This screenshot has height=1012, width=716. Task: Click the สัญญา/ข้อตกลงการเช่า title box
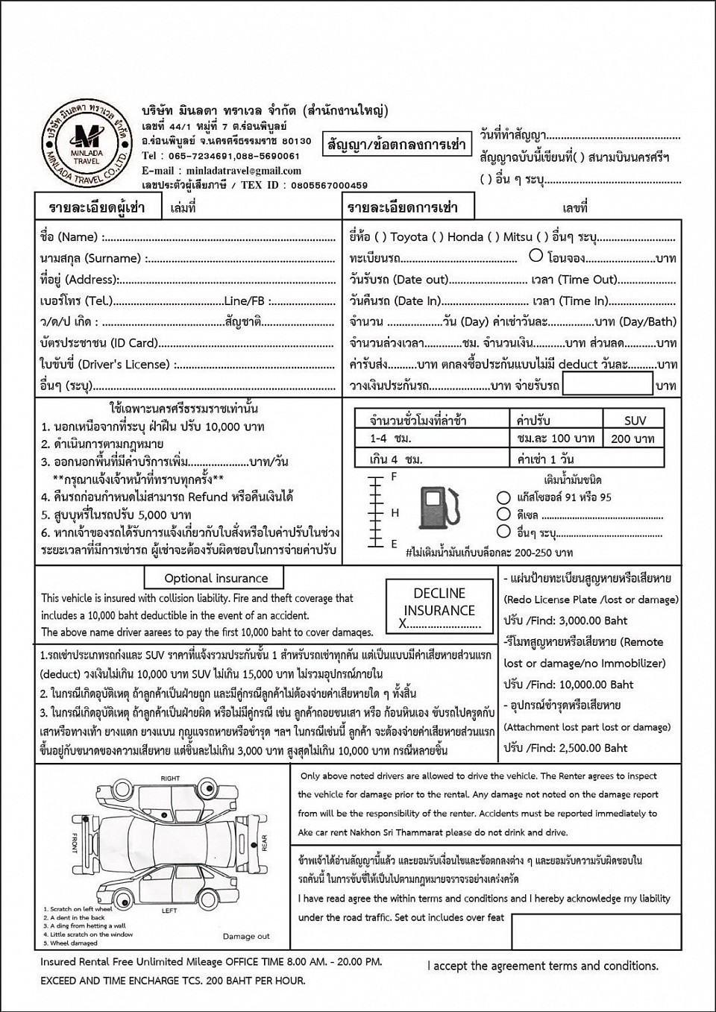397,144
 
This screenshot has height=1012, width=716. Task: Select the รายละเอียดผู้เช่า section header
97,207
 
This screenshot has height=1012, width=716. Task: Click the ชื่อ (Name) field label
69,237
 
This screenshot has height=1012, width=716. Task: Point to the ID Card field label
98,343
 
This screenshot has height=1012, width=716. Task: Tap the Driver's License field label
104,365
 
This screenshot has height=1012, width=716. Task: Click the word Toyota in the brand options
409,237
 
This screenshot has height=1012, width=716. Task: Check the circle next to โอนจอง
536,256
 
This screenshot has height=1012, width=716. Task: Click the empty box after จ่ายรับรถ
607,384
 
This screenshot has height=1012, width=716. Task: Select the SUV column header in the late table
635,420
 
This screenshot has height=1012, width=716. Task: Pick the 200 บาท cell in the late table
632,439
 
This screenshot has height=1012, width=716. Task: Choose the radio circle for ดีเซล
503,515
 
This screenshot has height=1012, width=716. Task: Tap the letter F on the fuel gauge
395,477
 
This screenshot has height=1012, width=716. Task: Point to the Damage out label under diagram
246,936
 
